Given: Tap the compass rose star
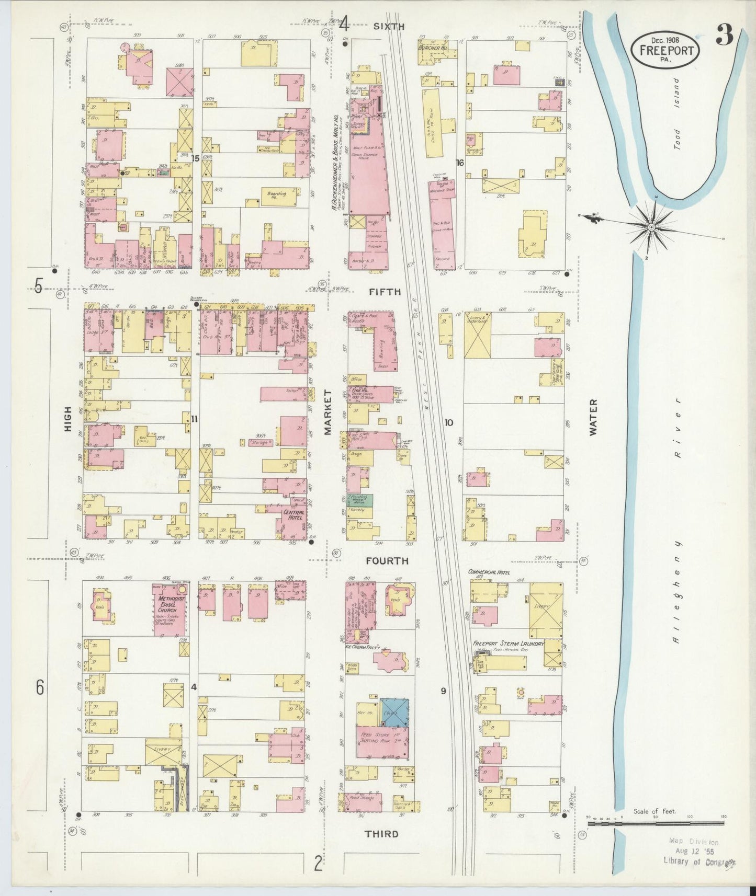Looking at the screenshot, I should (x=650, y=227).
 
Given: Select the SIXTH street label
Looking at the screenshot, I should (x=389, y=26).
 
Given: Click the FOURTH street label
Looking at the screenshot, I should (x=387, y=561).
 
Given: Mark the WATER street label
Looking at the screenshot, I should (x=592, y=417).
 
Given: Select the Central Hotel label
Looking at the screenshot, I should (x=293, y=515).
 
